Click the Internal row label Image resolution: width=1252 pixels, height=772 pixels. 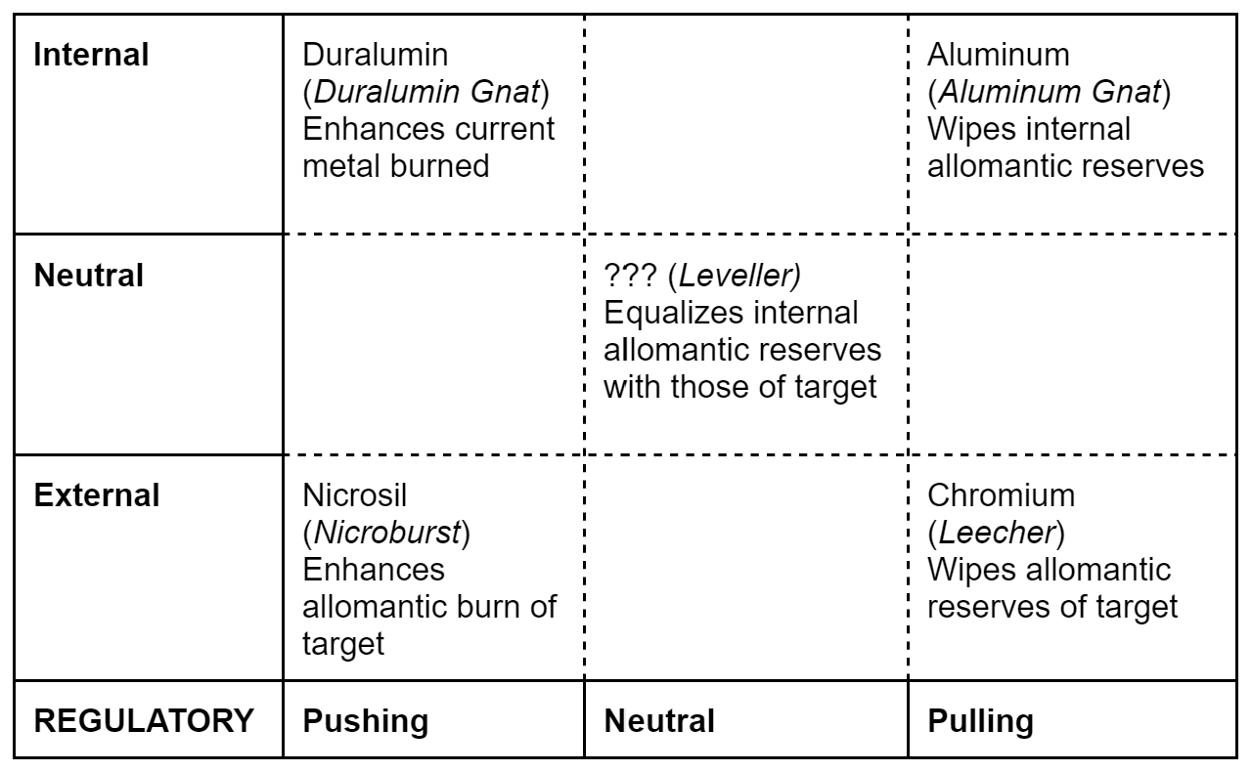tap(91, 55)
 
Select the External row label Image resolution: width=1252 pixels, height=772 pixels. tap(97, 495)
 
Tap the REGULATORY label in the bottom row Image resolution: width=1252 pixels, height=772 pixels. tap(143, 722)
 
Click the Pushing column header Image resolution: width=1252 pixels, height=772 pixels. tap(365, 722)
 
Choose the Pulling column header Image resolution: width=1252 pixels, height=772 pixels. tap(980, 722)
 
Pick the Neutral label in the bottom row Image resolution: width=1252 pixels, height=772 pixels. tap(659, 722)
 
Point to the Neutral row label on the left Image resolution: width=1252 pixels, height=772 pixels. tap(89, 276)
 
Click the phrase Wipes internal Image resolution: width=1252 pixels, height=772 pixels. tap(1029, 129)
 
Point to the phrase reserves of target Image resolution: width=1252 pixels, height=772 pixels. tap(1052, 606)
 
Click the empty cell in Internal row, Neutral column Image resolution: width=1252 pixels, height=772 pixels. tap(745, 122)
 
